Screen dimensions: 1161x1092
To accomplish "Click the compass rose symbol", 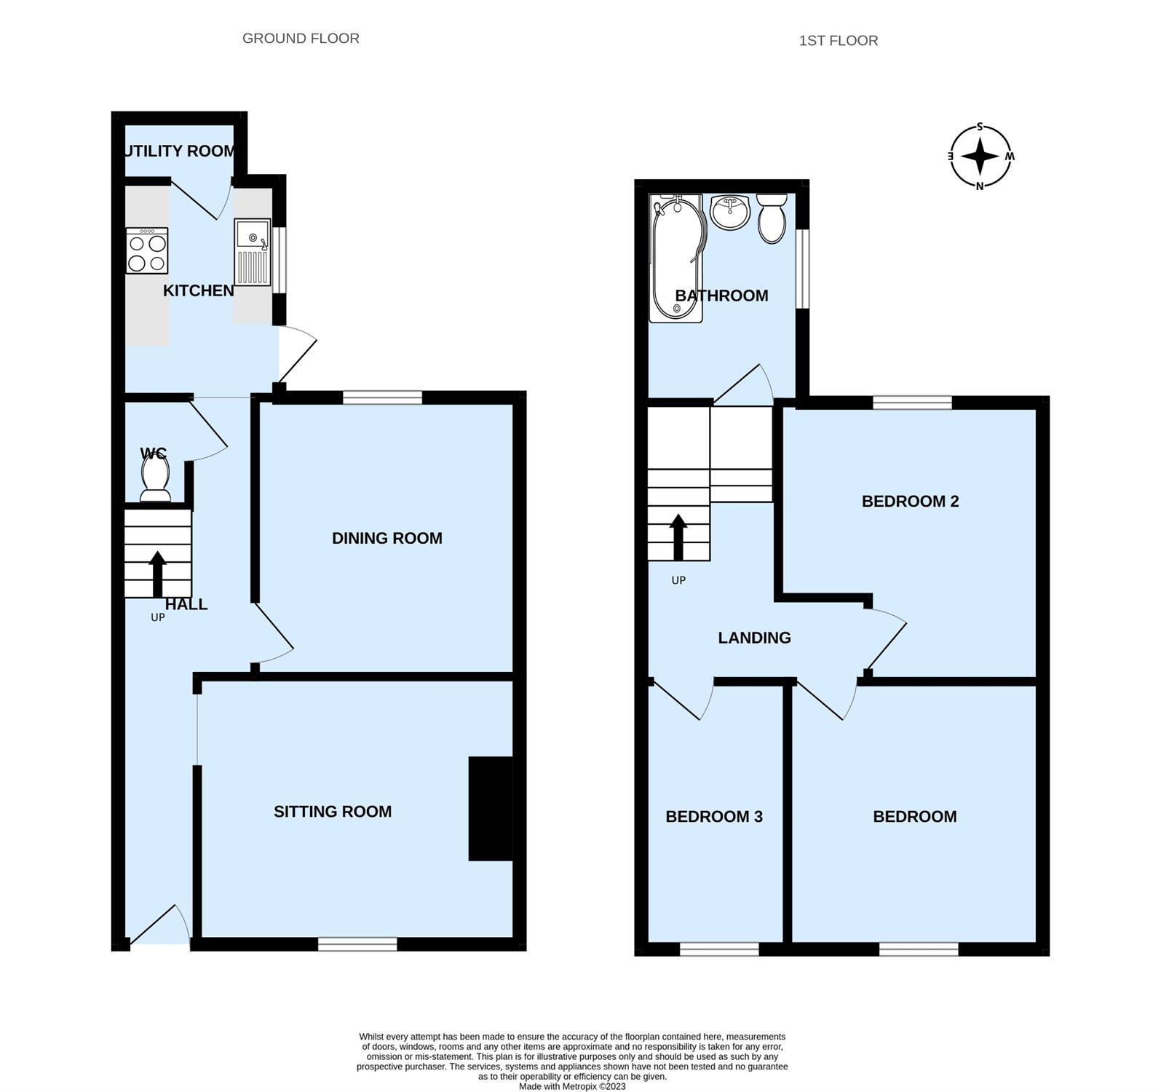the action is pos(980,157).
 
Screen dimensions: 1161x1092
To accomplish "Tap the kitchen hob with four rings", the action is pos(147,251).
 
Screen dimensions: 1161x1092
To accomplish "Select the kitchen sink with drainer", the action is pos(253,253).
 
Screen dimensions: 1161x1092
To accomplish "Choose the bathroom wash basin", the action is pos(730,212).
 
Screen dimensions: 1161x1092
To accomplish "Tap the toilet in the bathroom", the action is pos(772,218).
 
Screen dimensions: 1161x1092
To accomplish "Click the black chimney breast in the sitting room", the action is pos(491,809).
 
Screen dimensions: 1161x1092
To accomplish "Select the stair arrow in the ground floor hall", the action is pos(157,574).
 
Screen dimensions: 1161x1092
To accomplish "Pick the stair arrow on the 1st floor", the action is pos(678,537).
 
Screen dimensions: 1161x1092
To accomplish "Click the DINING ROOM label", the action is pos(387,538).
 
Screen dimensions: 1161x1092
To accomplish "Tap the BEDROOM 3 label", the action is pos(714,817).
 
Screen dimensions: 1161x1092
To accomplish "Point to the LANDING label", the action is pos(754,638).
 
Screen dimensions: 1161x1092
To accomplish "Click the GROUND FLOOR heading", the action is pos(301,39).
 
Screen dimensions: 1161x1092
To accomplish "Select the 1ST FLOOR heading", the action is pos(839,41).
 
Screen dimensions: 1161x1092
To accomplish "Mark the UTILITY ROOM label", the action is pos(180,151).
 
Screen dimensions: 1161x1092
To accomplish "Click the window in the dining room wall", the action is pos(382,397).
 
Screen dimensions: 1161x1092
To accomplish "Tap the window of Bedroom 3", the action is pos(719,949).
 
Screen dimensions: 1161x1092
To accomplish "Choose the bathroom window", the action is pos(802,269).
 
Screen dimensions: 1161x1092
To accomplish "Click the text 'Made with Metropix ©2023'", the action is pos(572,1086).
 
